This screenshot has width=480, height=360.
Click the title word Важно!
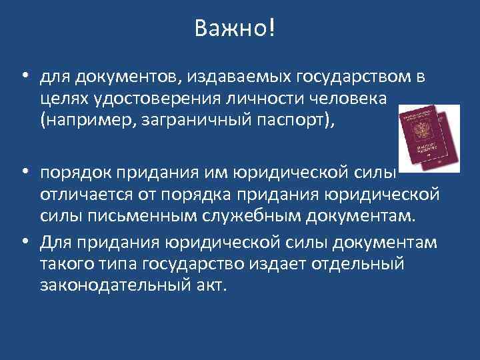click(x=235, y=29)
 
